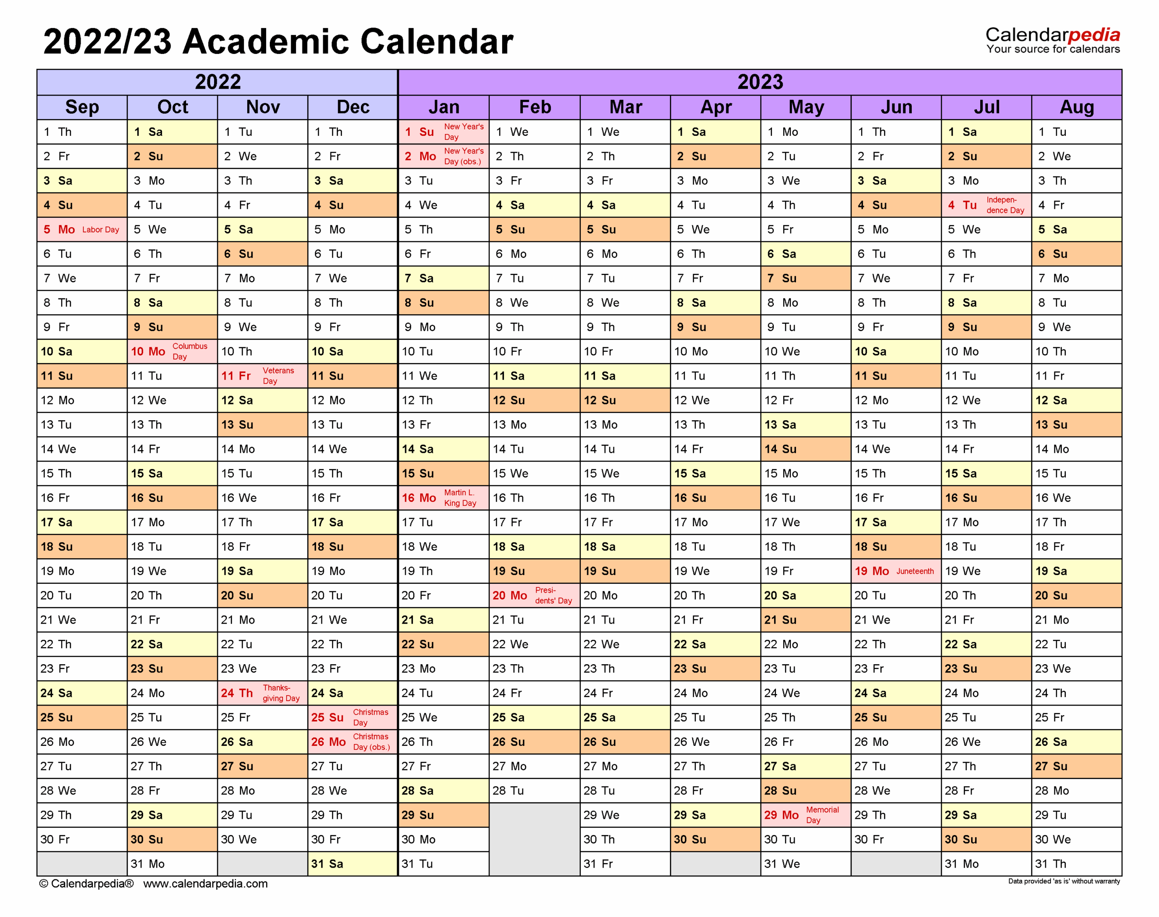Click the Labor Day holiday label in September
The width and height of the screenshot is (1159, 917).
pos(101,230)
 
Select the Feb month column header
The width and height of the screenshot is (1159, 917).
pos(535,107)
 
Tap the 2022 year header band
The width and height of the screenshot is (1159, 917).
pos(217,82)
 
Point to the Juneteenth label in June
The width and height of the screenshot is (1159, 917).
pos(915,571)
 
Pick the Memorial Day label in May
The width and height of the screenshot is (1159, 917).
pos(822,815)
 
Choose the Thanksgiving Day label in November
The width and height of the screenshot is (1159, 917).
pos(281,693)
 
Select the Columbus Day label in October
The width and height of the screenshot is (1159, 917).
pos(190,352)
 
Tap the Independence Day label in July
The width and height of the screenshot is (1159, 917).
pos(1005,205)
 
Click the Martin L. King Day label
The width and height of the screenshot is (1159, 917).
pos(460,498)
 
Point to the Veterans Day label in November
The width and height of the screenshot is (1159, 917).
pos(278,376)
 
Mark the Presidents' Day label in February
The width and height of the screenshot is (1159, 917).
pos(553,595)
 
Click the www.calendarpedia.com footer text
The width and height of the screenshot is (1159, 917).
pos(205,883)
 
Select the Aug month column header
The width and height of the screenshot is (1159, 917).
pos(1076,107)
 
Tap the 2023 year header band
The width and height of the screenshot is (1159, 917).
pos(760,82)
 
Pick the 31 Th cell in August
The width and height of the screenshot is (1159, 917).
pos(1076,864)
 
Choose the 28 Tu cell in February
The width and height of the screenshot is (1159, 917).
pos(534,791)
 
